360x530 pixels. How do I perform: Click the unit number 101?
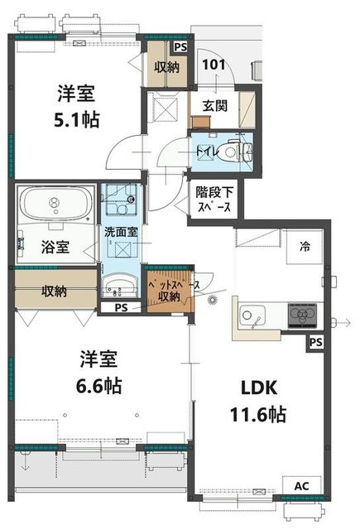pos(214,64)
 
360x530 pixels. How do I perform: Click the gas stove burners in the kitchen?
pos(302,316)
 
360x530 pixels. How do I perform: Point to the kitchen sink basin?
pos(252,316)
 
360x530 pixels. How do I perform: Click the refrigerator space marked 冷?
pos(305,247)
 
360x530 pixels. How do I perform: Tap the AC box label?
pos(301,486)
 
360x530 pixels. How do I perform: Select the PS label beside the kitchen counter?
pos(316,342)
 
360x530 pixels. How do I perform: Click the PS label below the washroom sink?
pos(121,308)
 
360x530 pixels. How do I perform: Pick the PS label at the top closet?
pos(180,46)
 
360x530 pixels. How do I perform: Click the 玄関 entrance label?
pos(215,106)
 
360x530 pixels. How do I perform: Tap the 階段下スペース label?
pos(214,199)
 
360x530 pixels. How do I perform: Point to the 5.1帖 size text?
pos(77,119)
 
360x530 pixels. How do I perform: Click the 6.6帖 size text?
pos(98,386)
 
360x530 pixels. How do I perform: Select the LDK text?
pos(259,388)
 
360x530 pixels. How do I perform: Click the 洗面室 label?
pos(121,232)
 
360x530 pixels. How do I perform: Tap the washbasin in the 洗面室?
pos(119,286)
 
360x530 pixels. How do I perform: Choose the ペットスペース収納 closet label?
pos(171,291)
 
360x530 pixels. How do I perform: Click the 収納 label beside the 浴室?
pos(54,291)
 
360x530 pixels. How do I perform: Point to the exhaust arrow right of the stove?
pos(342,322)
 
